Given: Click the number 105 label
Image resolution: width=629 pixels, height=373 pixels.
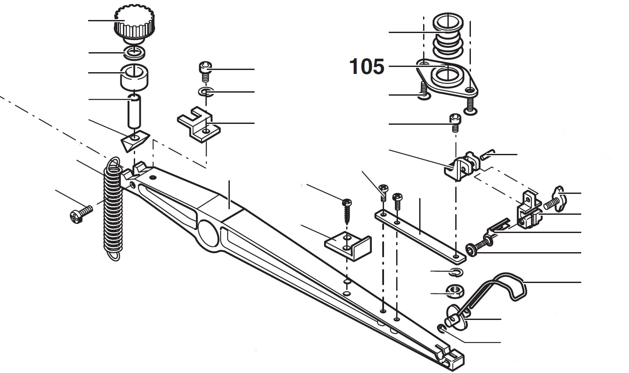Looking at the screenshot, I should coord(367,67).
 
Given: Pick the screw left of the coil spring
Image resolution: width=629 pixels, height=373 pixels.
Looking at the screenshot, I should coord(81,213).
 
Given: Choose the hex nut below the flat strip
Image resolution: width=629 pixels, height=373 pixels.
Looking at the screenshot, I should coord(454,291).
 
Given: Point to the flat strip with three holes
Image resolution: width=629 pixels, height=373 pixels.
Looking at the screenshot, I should coord(419,235).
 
